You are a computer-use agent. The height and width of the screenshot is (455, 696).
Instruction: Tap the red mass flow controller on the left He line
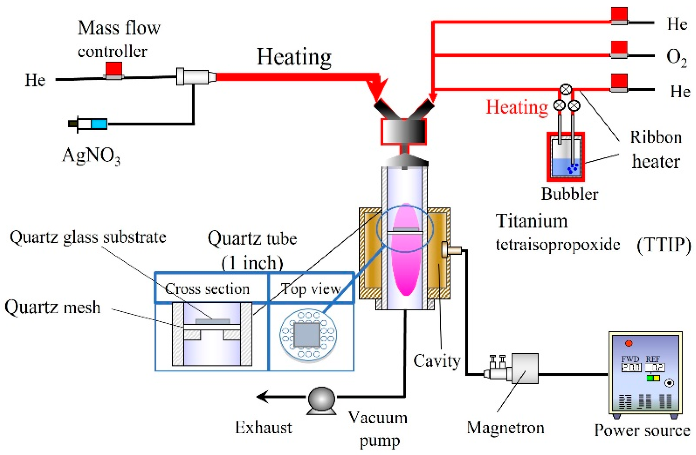(114, 69)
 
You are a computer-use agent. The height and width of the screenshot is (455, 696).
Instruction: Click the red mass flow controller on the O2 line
(619, 49)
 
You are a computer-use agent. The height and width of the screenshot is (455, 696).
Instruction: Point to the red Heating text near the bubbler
(516, 107)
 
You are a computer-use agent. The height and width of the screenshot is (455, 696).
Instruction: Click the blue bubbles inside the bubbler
(572, 168)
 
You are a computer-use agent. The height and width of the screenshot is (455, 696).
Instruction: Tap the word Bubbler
(569, 194)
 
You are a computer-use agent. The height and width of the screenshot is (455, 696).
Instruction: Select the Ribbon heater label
(656, 149)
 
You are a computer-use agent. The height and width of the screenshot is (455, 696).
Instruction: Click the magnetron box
(524, 368)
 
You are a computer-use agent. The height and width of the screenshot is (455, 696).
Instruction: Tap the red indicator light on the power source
(628, 343)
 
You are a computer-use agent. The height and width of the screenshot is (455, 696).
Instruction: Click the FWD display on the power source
(631, 367)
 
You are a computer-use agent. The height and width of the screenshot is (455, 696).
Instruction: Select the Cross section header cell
(211, 288)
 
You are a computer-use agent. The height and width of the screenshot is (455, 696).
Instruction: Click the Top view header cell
(311, 288)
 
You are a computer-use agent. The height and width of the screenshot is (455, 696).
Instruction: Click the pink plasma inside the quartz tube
(405, 262)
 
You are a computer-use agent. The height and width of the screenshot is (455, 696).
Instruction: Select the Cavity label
(437, 361)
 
